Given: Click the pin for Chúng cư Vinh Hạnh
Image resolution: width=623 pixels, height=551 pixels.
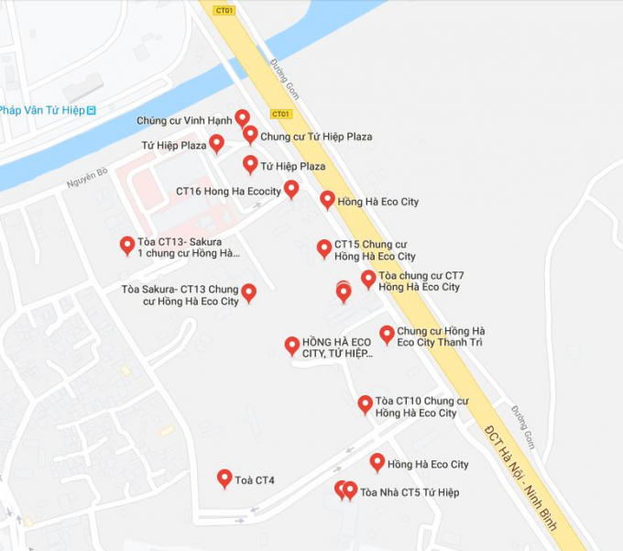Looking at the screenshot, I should point(242,117).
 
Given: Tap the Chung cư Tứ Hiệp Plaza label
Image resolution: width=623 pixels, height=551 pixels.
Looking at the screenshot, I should point(316,137).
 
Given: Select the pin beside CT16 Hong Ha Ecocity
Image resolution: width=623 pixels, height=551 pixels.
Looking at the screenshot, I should point(291,189).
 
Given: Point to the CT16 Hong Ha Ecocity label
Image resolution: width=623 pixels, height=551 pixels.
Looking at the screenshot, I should point(228,192).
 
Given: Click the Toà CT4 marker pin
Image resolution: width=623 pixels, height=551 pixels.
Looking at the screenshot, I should point(224,479).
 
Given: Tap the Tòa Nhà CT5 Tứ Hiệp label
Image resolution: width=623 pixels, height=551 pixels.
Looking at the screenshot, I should point(410,492).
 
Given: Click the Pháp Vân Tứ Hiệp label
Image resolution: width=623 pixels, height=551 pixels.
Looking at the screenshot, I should point(42,110).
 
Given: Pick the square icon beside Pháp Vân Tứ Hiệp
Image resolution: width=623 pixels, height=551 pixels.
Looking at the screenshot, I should point(92,110).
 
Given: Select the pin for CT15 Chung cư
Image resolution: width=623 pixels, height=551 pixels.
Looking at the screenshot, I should point(324,248).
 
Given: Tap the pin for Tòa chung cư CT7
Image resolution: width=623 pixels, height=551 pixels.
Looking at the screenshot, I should point(368,279).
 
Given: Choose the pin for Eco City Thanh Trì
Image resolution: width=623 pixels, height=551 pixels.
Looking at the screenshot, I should point(387,335).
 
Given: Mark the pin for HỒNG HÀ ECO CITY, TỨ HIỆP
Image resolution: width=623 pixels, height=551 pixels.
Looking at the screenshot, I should point(292,346).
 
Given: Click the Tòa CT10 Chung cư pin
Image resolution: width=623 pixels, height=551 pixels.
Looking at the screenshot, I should point(365,404).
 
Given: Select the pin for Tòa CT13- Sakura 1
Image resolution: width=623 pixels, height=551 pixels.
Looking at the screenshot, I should point(127,246).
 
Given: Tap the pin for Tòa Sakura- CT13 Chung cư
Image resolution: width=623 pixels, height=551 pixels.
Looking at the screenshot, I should point(248,292).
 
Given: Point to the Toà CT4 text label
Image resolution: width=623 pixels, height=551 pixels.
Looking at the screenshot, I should point(255,480).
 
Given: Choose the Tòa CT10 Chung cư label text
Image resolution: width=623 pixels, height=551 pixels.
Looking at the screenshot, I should point(421,407).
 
